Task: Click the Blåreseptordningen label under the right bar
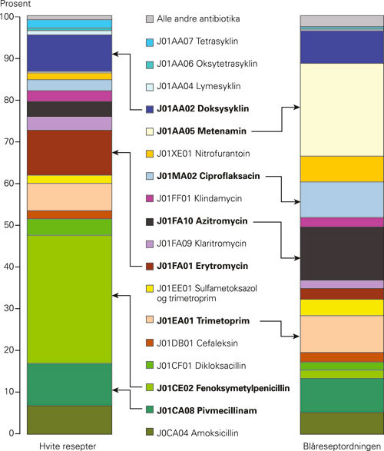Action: (x=340, y=445)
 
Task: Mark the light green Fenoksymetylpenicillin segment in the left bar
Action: (x=68, y=299)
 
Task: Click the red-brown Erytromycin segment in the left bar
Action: (x=68, y=152)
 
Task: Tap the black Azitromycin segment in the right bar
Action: (x=341, y=253)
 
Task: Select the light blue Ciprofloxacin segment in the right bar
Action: (x=341, y=199)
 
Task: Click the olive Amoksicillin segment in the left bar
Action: (x=68, y=419)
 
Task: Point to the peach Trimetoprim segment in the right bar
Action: (x=341, y=333)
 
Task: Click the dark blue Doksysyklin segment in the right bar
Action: (x=341, y=47)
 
